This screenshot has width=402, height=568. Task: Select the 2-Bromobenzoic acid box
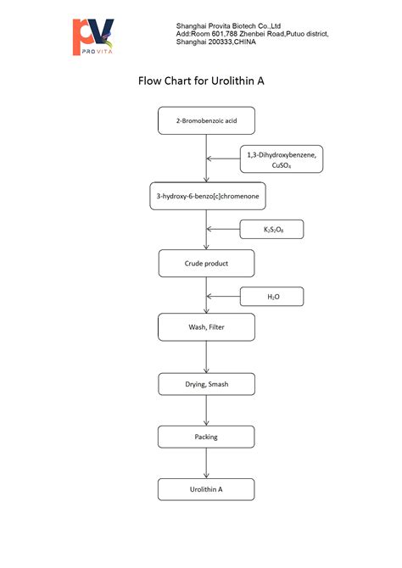tap(206, 120)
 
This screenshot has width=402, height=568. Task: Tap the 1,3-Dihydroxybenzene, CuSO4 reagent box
tap(282, 159)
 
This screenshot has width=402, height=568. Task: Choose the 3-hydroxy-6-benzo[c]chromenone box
tap(206, 196)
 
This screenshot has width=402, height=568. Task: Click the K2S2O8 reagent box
tap(271, 229)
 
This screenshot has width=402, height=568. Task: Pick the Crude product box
tap(206, 263)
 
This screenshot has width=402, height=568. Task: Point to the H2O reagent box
tap(271, 296)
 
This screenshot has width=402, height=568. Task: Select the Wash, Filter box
tap(206, 326)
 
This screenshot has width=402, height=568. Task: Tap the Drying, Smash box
tap(206, 384)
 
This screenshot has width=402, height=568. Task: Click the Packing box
tap(206, 437)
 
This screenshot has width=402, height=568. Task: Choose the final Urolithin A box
tap(206, 489)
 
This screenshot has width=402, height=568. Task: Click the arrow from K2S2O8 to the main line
tap(224, 229)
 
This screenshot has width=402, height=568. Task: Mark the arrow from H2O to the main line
tap(224, 296)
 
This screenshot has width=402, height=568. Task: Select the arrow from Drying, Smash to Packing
tap(206, 410)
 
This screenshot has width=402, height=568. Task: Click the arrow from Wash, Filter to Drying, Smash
tap(206, 356)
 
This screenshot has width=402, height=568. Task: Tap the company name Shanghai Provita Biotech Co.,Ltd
tap(234, 26)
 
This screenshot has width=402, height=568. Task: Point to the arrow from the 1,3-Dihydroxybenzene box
tap(224, 159)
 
